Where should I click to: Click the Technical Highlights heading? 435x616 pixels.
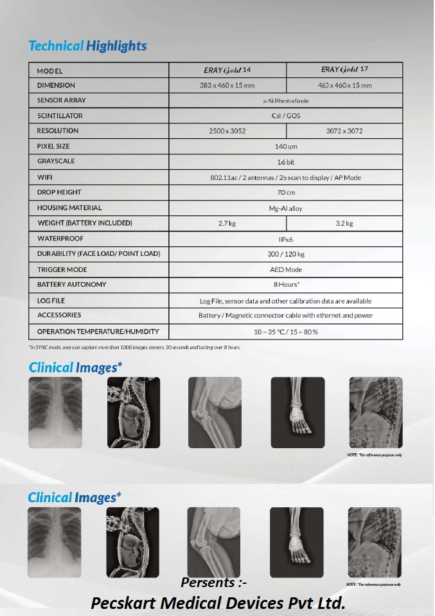(87, 46)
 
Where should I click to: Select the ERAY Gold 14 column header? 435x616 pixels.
(227, 69)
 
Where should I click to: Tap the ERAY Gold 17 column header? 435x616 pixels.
(344, 69)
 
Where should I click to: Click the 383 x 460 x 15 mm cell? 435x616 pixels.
(227, 85)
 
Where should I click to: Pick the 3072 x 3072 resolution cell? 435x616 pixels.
(344, 131)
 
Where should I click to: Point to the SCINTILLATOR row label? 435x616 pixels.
(60, 116)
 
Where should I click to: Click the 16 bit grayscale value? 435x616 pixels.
(285, 162)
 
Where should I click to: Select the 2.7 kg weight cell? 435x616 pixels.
(227, 223)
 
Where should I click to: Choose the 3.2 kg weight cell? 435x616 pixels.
(344, 223)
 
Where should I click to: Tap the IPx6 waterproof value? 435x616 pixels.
(285, 239)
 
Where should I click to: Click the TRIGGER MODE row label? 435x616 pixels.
(62, 269)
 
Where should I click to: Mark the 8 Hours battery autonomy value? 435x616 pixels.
(285, 284)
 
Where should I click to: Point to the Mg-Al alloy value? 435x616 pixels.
(285, 208)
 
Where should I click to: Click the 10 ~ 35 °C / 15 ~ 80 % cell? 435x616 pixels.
(285, 332)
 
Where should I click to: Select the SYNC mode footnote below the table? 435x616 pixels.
(135, 347)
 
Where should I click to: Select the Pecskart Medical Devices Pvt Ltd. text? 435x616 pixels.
(218, 603)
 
